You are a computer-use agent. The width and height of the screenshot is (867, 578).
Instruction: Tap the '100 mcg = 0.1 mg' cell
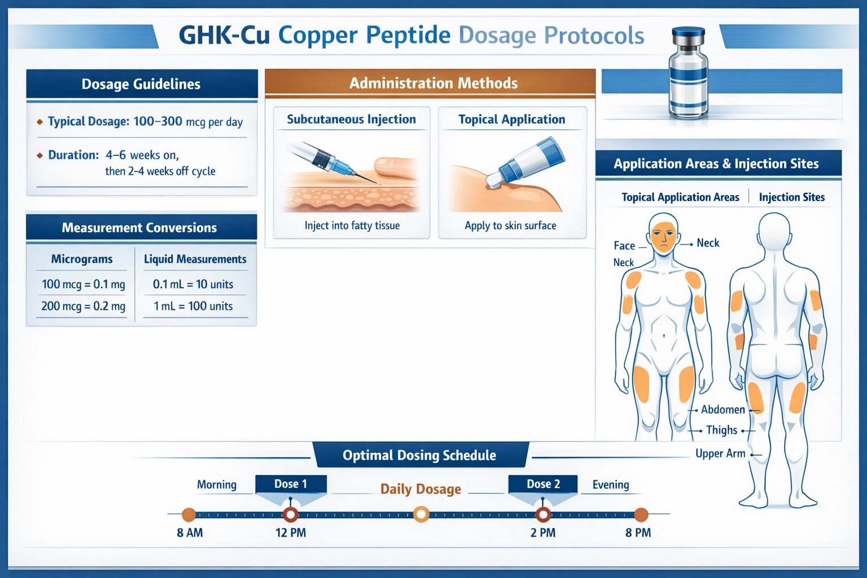(83, 284)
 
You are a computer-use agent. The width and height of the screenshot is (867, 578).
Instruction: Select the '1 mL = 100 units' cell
(193, 306)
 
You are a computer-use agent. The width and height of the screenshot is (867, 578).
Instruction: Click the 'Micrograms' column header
(82, 259)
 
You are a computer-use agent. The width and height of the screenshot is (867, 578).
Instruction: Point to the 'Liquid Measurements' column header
(195, 259)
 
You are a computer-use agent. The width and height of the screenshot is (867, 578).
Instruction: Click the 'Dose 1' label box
(291, 484)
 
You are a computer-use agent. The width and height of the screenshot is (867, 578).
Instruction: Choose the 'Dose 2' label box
(543, 484)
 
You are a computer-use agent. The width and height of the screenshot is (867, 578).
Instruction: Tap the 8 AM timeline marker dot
(189, 514)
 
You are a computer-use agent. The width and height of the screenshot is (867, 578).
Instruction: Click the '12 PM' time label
(291, 533)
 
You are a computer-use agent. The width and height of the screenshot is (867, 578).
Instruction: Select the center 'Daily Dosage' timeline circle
(421, 514)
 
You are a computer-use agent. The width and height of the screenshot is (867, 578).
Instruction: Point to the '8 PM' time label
(638, 533)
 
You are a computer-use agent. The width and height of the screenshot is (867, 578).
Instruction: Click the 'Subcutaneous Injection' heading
(351, 120)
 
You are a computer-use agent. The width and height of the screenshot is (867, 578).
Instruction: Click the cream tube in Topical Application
(531, 160)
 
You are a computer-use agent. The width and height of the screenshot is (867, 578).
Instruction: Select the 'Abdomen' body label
(722, 410)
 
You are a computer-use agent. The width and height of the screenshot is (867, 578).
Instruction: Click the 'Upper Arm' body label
(720, 454)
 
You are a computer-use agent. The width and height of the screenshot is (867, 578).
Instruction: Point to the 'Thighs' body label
(721, 431)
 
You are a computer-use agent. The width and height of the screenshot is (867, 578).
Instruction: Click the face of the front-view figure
(663, 236)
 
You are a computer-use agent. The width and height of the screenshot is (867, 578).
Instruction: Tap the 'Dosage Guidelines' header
(141, 84)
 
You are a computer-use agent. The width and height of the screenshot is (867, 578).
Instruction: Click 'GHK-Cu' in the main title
(224, 36)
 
